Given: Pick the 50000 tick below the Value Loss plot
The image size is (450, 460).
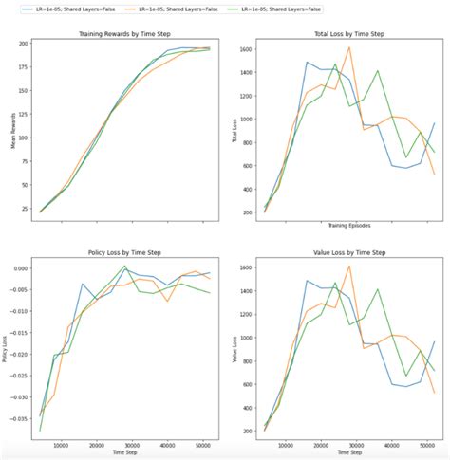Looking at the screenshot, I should click(x=422, y=443).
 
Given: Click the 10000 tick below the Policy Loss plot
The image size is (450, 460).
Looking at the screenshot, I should click(x=61, y=443).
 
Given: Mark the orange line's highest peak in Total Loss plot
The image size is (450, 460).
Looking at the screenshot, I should click(x=349, y=48).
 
